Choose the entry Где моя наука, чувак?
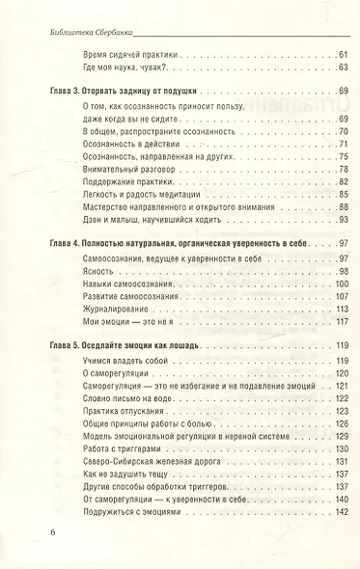(124, 67)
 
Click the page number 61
(343, 53)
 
